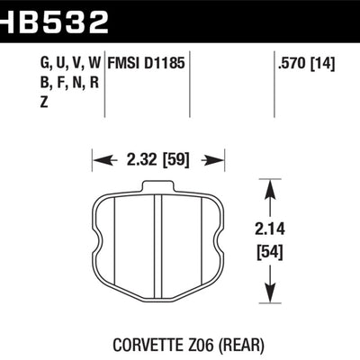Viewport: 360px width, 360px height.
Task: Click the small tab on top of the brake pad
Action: pyautogui.click(x=157, y=185)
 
